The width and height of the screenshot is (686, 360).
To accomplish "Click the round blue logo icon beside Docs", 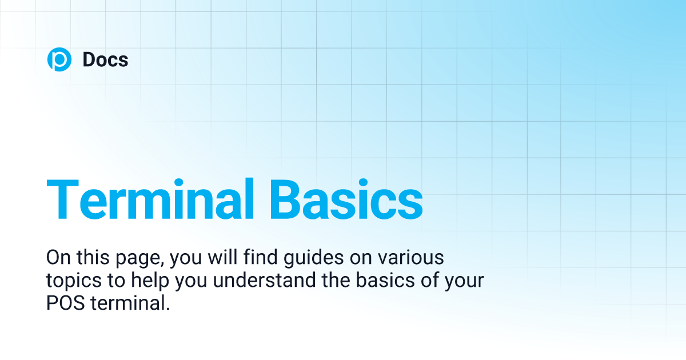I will (59, 59).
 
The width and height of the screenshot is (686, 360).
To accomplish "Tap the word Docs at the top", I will (105, 59).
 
